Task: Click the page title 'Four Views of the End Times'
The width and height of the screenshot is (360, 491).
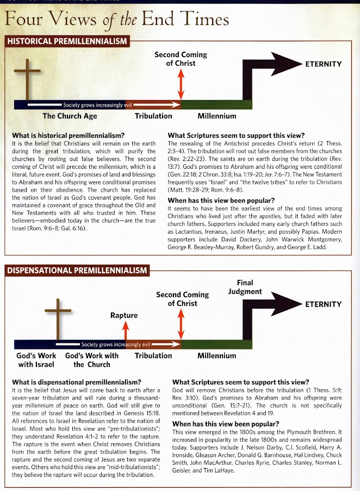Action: coord(116,20)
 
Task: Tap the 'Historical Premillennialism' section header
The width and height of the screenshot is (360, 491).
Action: coord(67,41)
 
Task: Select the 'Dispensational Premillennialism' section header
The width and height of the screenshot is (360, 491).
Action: coord(77,271)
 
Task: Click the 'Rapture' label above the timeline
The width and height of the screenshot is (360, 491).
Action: coord(124,315)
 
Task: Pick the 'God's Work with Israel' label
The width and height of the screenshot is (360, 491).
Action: coord(33,360)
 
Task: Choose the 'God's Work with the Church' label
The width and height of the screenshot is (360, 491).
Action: coord(91,360)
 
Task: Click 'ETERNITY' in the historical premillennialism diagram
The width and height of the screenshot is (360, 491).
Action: coord(323,64)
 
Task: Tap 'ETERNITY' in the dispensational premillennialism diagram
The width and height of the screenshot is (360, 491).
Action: coord(323,304)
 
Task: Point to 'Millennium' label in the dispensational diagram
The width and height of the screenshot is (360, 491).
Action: coord(216,355)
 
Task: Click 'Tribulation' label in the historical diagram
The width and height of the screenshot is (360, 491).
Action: coord(153,115)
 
